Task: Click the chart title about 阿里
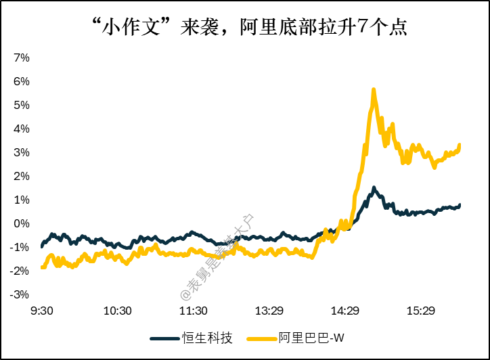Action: coord(244,27)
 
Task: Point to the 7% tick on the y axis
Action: coord(21,58)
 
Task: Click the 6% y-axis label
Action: coord(21,81)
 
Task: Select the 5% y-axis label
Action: coord(21,105)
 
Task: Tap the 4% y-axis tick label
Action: coord(21,129)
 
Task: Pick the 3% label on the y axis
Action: coord(21,152)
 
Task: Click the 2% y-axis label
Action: coord(21,176)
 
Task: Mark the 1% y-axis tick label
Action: coord(21,200)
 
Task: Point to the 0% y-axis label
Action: coord(21,223)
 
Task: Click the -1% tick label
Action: coord(20,247)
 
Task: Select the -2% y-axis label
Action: coord(20,271)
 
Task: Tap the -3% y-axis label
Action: coord(20,294)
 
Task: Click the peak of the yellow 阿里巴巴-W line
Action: coord(374,89)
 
